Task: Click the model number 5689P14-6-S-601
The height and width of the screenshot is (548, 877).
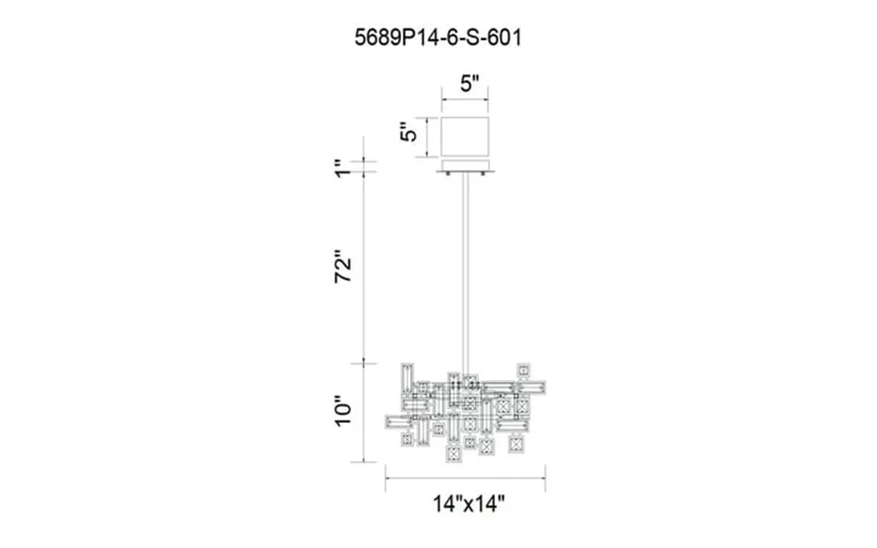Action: click(x=438, y=37)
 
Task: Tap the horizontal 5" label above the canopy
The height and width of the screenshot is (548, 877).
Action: click(x=470, y=84)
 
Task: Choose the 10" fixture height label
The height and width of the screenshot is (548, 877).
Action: click(x=344, y=412)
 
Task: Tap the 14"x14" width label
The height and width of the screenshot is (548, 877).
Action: click(x=469, y=504)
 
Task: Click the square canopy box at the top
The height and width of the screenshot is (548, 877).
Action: click(x=465, y=137)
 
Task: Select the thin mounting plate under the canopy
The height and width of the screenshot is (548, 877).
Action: click(x=465, y=165)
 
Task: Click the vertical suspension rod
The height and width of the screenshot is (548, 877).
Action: click(x=465, y=274)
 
